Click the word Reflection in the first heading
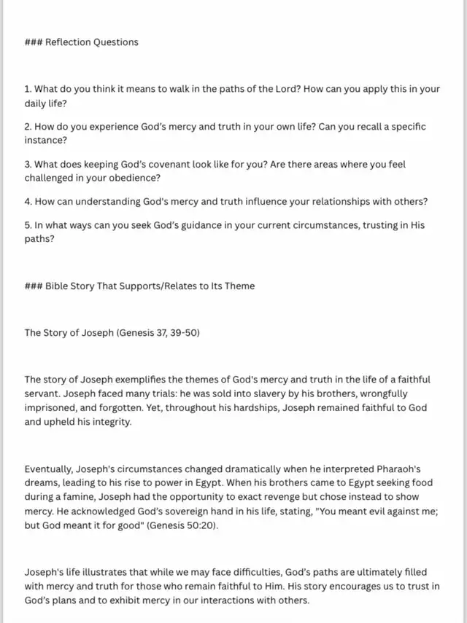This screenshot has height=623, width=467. (x=68, y=42)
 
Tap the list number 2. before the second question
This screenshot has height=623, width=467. (x=28, y=127)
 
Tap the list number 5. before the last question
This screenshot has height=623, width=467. (x=28, y=227)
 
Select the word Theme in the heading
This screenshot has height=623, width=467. (x=238, y=286)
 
